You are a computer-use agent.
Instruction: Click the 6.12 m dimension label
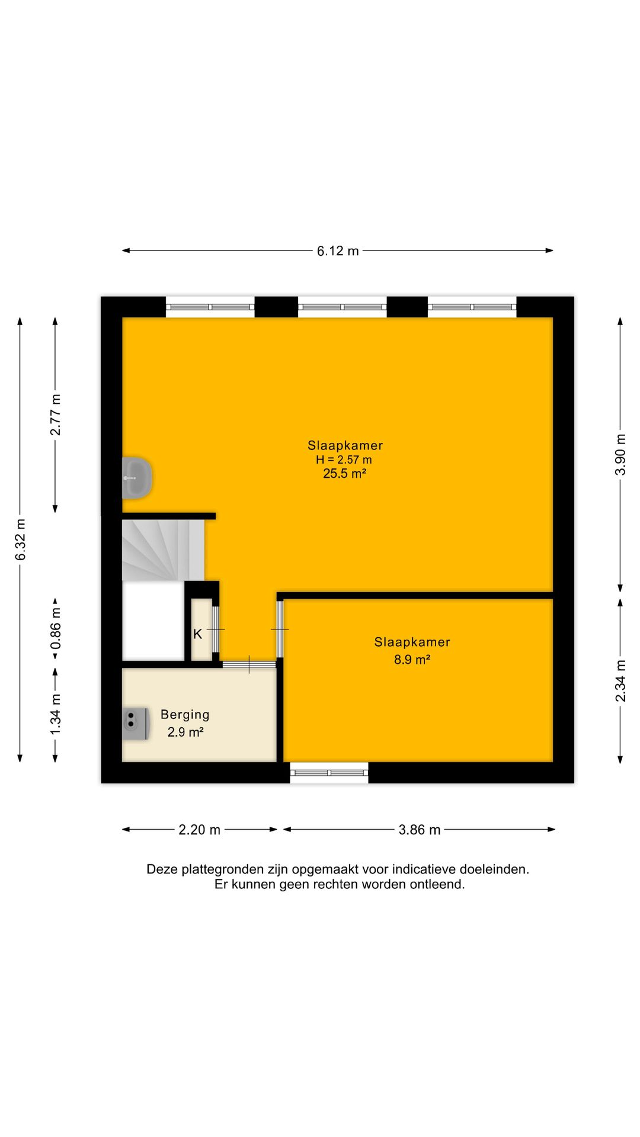(338, 251)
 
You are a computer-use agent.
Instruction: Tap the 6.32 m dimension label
(21, 539)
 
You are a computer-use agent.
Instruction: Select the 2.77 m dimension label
(56, 415)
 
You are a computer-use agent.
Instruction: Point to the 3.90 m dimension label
(620, 454)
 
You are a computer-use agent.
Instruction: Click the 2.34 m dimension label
(620, 680)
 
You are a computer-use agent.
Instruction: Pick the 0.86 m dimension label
(56, 628)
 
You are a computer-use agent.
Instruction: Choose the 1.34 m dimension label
(56, 714)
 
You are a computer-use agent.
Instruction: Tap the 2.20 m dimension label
(200, 830)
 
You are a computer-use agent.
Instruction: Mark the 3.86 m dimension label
(420, 830)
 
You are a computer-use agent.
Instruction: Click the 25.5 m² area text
(344, 473)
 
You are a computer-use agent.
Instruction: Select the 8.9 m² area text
(412, 659)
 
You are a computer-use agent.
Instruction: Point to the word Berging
(185, 715)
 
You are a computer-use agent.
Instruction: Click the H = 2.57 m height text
(344, 460)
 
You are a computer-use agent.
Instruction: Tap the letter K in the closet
(198, 634)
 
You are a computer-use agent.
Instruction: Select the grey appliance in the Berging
(135, 724)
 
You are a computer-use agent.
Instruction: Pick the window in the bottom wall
(329, 773)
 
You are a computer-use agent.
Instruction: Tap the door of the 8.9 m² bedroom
(280, 629)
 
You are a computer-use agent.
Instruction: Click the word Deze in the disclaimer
(162, 869)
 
